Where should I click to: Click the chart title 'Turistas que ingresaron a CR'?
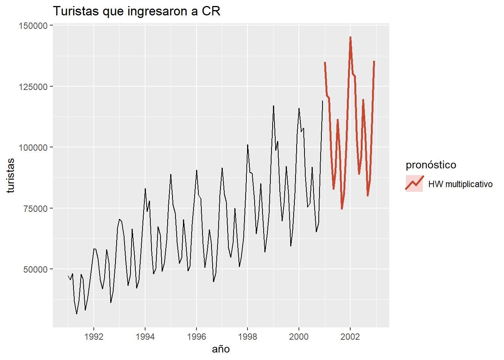click(136, 11)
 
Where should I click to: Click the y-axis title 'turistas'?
click(10, 175)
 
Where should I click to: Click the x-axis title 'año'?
click(220, 349)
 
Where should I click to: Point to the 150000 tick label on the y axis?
click(33, 26)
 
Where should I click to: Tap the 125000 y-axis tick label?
click(33, 87)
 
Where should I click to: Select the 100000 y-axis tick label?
click(33, 148)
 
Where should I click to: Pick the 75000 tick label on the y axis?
click(35, 208)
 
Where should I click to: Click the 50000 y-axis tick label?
click(35, 269)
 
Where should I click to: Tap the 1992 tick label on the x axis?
click(94, 336)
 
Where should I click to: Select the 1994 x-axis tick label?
click(145, 336)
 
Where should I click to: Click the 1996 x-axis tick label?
click(196, 336)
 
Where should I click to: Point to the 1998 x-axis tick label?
click(247, 336)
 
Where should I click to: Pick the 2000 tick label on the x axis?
click(299, 336)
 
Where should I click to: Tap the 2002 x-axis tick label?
click(350, 336)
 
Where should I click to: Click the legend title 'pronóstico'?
click(431, 165)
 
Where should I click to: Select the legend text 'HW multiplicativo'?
click(460, 184)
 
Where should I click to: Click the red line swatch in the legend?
click(414, 183)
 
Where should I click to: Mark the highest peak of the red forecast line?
click(350, 37)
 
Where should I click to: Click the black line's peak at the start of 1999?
click(273, 106)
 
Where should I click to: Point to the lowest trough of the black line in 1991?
click(76, 313)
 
